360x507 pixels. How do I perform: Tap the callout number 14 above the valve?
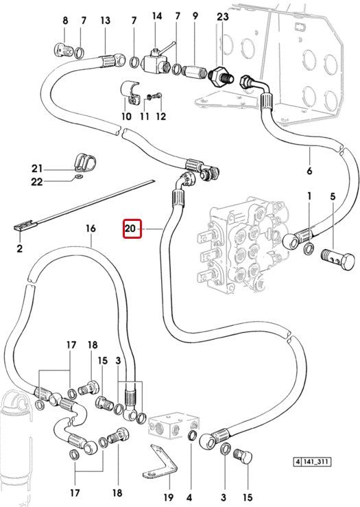(x=157, y=16)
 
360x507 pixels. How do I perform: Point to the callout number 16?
(x=91, y=228)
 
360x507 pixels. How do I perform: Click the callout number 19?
(x=169, y=497)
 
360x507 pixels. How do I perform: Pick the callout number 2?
(x=20, y=248)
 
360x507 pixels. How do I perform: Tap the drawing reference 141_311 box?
(x=312, y=461)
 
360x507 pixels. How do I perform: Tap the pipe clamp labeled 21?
(x=86, y=162)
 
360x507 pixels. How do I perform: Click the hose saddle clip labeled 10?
(x=131, y=92)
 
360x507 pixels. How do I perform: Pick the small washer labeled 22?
(x=78, y=176)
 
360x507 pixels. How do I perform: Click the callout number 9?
(x=195, y=16)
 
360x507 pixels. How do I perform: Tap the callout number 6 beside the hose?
(x=309, y=170)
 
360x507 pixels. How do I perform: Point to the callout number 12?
(x=160, y=116)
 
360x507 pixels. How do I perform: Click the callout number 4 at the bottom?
(x=189, y=497)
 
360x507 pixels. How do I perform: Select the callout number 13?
(x=106, y=21)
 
